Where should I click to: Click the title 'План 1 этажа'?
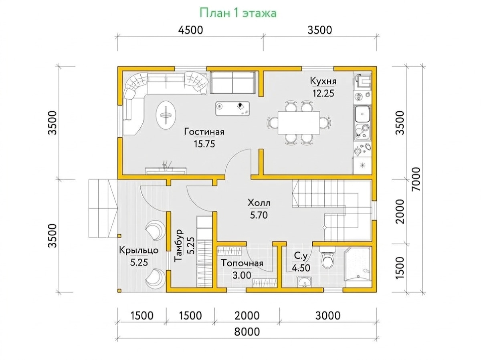pos(238,13)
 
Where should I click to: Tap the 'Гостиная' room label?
pos(204,132)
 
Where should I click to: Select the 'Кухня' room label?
pos(323,81)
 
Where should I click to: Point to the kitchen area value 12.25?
pos(323,93)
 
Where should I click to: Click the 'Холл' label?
pos(259,203)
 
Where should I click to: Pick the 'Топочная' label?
pos(242,263)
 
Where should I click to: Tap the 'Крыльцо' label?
pos(139,250)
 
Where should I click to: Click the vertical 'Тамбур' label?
pos(178,245)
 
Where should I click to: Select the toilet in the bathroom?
pos(327,258)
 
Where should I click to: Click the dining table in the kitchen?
pos(299,123)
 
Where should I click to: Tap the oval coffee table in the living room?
pos(166,115)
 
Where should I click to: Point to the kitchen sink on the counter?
pos(362,114)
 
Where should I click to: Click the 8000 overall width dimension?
pos(247,332)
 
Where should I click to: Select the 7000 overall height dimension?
pos(416,179)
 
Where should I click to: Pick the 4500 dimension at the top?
pos(190,30)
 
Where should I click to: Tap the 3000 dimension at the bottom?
pos(328,316)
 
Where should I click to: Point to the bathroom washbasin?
pos(304,282)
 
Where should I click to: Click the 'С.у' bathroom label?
pos(301,256)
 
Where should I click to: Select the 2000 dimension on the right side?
pos(400,211)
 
